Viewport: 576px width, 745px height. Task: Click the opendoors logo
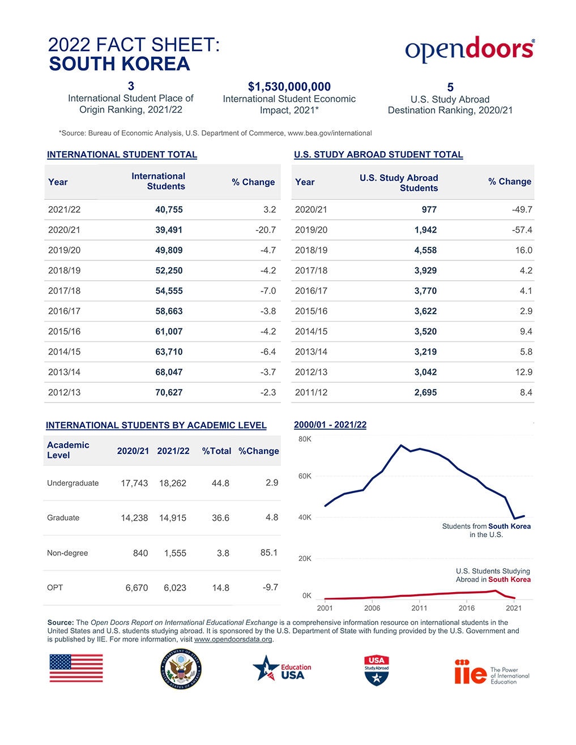470,49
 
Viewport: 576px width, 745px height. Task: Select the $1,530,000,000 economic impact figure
289,87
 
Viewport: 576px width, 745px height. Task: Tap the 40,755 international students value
169,209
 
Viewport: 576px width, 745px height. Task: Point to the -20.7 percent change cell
266,230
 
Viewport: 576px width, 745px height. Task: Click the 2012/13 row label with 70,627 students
64,392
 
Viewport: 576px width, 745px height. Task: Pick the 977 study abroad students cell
429,209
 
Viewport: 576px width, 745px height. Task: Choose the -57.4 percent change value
522,230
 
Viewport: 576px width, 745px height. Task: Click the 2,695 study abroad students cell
425,392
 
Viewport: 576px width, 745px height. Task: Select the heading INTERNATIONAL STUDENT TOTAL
122,155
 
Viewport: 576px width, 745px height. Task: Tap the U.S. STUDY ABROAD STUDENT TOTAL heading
378,155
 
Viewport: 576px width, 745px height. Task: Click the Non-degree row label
67,553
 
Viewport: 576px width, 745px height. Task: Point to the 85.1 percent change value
269,553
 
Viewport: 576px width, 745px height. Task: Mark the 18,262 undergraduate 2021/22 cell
173,483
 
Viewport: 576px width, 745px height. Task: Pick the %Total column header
217,451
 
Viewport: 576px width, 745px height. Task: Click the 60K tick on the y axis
305,476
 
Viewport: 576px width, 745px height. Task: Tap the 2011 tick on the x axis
419,608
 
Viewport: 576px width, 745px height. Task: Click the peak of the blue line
401,446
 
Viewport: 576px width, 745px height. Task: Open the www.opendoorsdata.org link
233,639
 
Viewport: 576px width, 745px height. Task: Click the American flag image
76,668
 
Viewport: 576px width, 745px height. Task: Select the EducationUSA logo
282,669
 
